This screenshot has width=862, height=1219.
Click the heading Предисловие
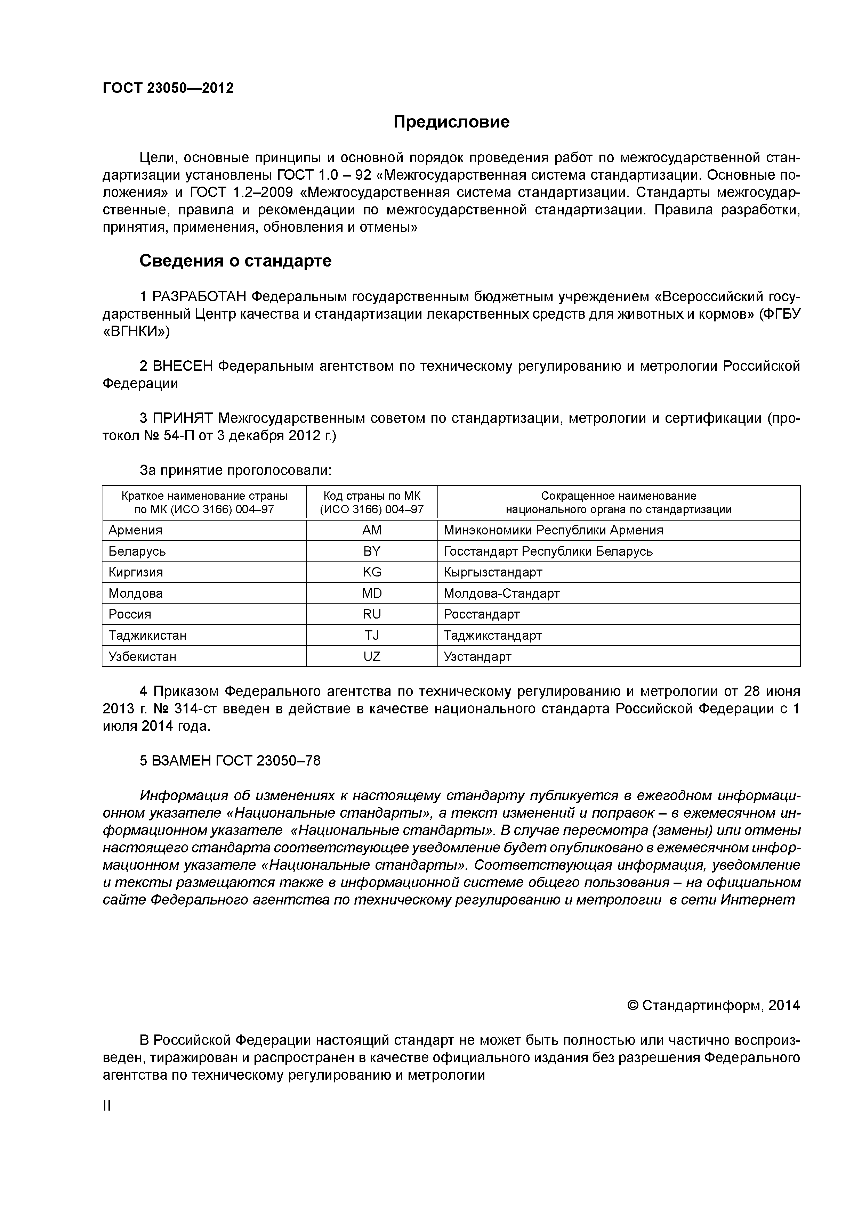451,122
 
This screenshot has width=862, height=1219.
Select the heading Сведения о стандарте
235,261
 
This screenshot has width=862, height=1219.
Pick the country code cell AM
372,530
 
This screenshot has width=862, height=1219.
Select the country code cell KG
372,572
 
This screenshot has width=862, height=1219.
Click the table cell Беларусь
137,551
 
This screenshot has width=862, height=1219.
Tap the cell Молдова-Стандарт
501,593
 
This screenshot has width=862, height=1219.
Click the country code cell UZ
372,656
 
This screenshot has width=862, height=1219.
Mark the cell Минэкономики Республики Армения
553,530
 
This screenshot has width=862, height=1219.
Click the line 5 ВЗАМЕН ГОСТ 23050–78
230,760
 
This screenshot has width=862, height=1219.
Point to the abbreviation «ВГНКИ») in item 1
136,331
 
